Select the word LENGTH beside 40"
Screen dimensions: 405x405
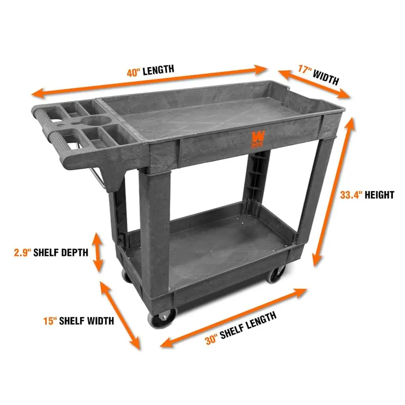point(158,70)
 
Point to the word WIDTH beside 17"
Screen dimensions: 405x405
point(326,77)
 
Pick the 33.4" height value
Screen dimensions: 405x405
point(350,195)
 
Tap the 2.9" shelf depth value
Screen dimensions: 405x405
point(21,253)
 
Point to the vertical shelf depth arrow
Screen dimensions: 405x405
point(98,252)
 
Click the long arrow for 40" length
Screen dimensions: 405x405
point(150,81)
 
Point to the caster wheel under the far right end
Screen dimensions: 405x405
point(277,274)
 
